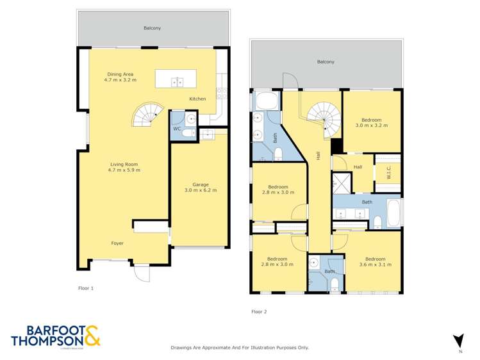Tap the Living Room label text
pos(124,167)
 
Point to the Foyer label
pos(117,243)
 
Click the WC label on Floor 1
pos(177,129)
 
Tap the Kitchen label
pos(197,99)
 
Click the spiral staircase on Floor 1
pos(147,116)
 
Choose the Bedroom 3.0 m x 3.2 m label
pos(371,123)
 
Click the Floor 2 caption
pos(259,312)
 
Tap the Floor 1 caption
pos(86,288)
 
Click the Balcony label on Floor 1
pos(152,28)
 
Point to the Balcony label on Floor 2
pos(326,62)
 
